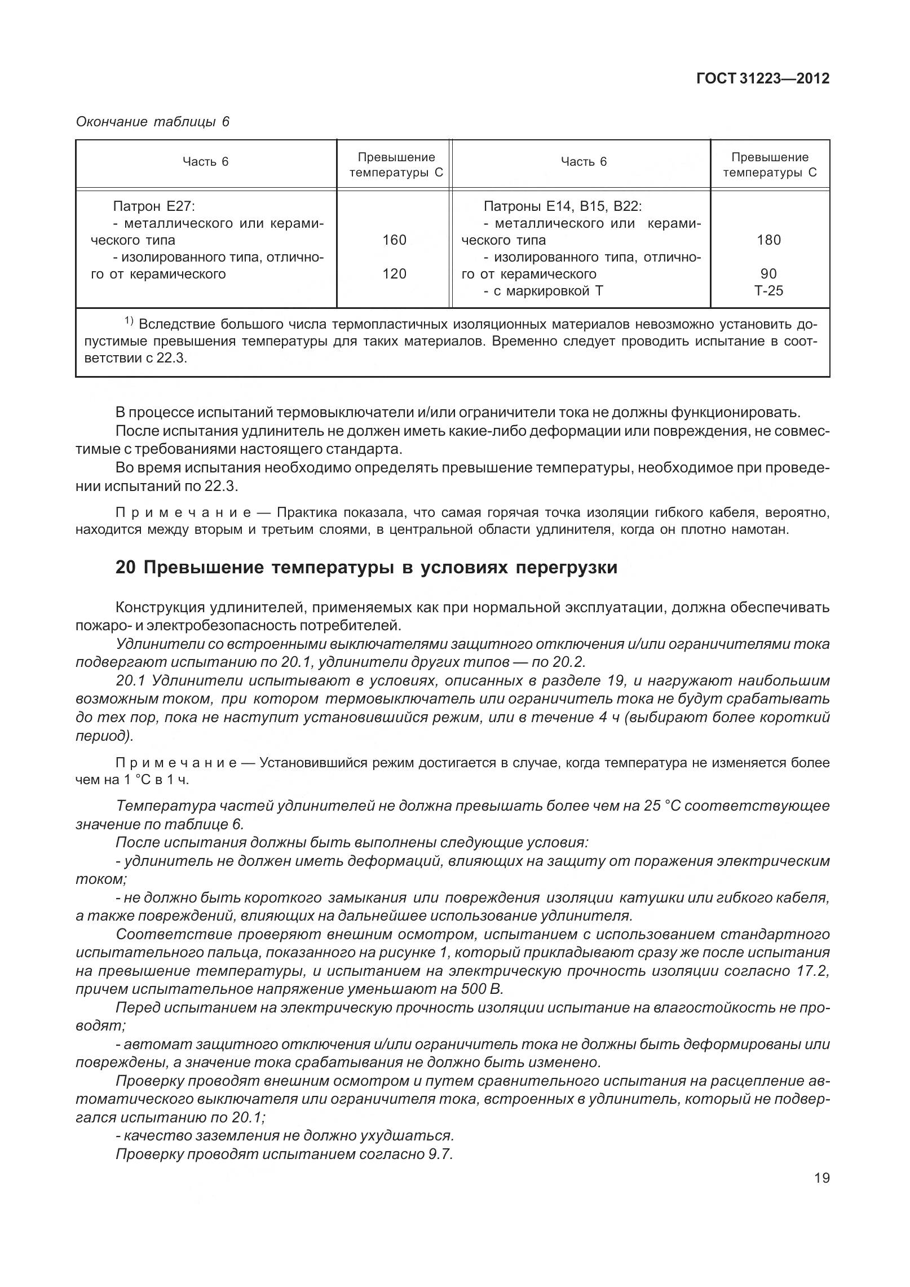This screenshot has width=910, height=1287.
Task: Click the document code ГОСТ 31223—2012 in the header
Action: tap(763, 78)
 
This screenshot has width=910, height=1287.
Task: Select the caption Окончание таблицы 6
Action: tap(152, 122)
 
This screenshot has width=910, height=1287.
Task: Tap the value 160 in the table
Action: tap(394, 240)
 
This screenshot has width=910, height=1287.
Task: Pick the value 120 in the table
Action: tap(394, 274)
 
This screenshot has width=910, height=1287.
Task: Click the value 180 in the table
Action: tap(769, 240)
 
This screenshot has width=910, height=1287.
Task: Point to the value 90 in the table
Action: tap(768, 274)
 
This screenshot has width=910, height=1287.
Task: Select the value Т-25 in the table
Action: tap(769, 291)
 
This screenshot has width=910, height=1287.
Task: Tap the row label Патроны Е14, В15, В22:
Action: tap(563, 206)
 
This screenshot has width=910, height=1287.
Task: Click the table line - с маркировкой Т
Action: tap(547, 291)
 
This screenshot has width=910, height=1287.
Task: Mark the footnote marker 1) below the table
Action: tap(129, 322)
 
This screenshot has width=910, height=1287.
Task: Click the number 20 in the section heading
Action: tap(125, 568)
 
